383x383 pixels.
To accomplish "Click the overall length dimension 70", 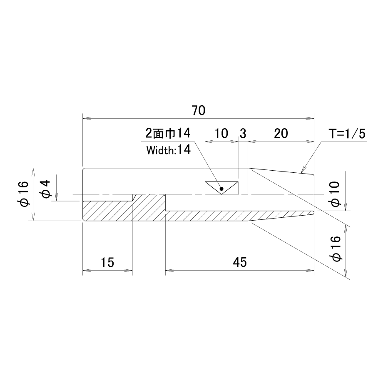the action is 198,110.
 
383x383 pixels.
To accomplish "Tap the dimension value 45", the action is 240,262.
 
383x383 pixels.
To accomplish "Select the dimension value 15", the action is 107,262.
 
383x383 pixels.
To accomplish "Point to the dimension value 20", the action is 281,133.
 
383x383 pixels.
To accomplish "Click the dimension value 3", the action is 243,133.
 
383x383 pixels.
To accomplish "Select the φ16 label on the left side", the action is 25,194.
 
